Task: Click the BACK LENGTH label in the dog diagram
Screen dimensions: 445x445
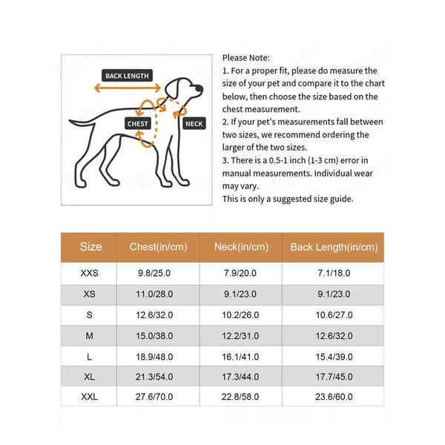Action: click(x=127, y=76)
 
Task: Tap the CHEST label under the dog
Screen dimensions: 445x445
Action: click(x=138, y=124)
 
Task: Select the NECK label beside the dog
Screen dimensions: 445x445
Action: click(x=194, y=124)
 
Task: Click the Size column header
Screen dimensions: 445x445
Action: click(x=90, y=247)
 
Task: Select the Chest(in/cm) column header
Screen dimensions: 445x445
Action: click(x=158, y=247)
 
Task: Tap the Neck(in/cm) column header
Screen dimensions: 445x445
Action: click(x=241, y=247)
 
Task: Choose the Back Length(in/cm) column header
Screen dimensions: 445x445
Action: click(x=334, y=247)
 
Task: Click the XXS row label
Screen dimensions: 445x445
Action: click(x=89, y=274)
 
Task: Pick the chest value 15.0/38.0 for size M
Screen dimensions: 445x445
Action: click(x=155, y=336)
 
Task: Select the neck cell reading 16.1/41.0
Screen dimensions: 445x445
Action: click(x=241, y=357)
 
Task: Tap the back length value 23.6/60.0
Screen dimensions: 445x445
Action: click(x=334, y=398)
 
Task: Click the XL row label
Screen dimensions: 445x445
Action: click(x=89, y=378)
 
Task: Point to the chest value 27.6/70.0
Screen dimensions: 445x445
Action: click(x=155, y=398)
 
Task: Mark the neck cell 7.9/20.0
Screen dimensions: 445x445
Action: click(x=241, y=274)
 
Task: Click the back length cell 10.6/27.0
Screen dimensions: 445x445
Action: click(x=334, y=315)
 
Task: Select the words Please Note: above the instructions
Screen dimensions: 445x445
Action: click(x=247, y=58)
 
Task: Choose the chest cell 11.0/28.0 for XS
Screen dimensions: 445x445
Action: click(x=155, y=294)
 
